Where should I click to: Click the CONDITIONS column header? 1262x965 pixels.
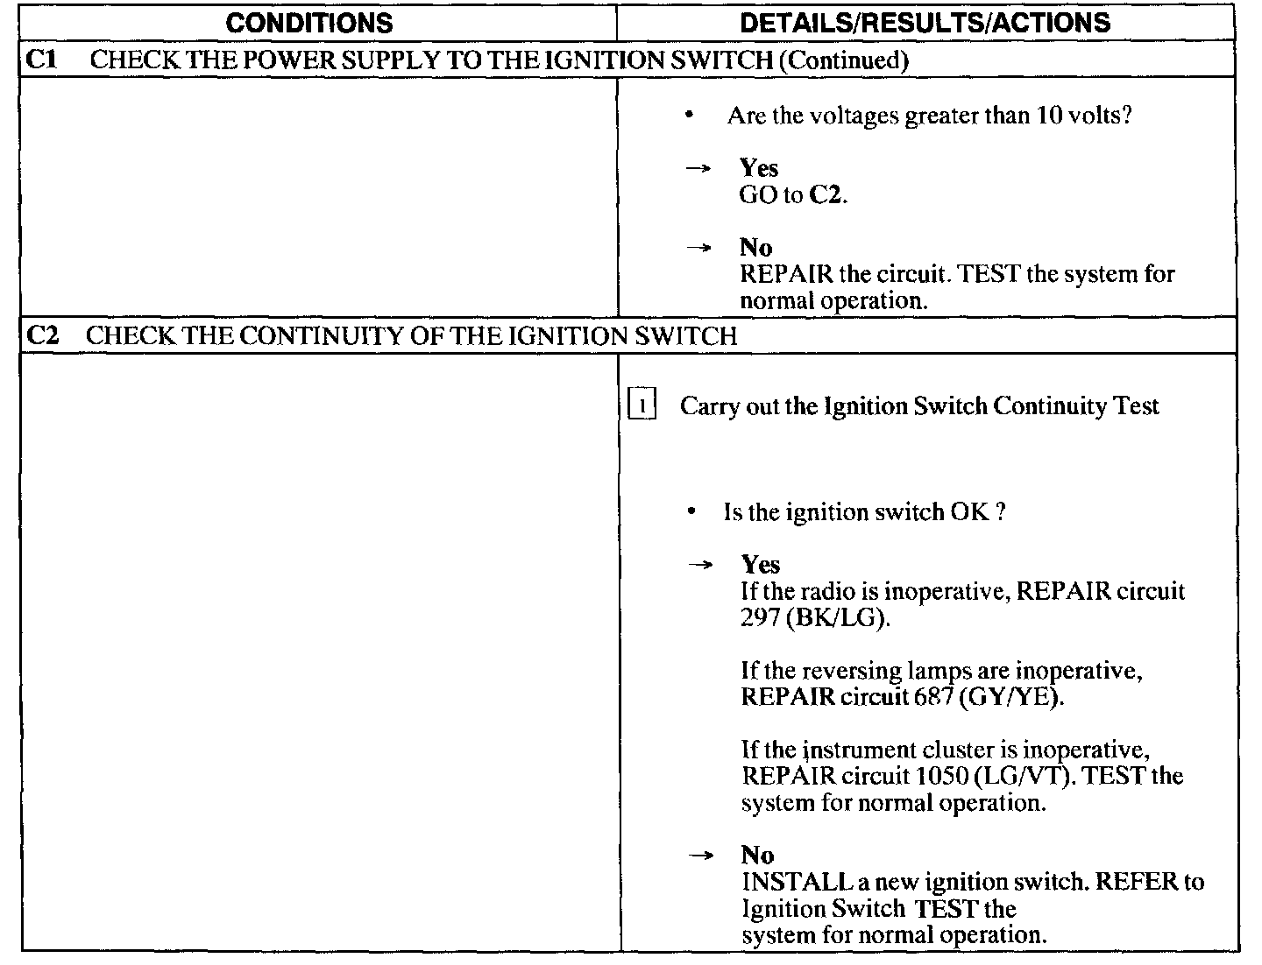309,22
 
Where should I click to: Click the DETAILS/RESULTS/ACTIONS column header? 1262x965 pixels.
925,22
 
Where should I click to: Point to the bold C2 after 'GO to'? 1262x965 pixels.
826,194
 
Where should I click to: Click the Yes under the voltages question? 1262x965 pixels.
758,167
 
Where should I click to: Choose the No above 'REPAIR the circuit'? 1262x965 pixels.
755,247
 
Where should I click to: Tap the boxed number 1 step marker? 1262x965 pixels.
642,406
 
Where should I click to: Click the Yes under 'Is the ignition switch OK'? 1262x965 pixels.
760,564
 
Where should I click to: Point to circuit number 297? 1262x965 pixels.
760,617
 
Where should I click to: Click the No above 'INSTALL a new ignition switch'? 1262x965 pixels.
757,855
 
